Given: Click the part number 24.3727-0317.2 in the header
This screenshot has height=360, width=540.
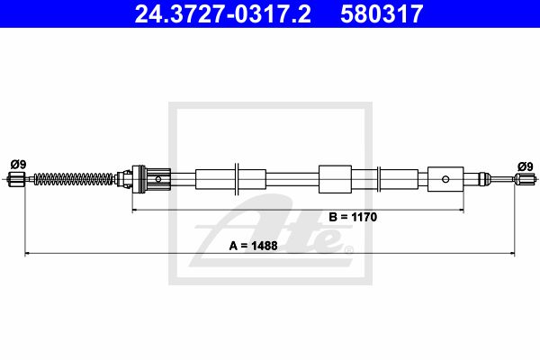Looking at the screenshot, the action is pyautogui.click(x=223, y=13).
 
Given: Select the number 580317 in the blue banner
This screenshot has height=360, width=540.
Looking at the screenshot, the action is pyautogui.click(x=382, y=13).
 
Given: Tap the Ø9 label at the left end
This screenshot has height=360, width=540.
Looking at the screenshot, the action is pyautogui.click(x=18, y=165).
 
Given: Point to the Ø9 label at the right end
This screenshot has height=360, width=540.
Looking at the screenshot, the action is pyautogui.click(x=526, y=166).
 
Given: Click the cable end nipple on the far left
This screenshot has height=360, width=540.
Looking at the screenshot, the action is pyautogui.click(x=16, y=179).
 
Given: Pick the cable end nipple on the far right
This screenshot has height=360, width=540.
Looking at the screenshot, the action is pyautogui.click(x=524, y=179).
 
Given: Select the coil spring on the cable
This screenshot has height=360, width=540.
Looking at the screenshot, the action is pyautogui.click(x=74, y=179).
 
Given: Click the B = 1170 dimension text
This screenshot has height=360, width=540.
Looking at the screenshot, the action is pyautogui.click(x=353, y=217).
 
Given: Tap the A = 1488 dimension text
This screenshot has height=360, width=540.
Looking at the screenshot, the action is pyautogui.click(x=253, y=246).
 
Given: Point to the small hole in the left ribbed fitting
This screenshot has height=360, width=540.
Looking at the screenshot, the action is pyautogui.click(x=158, y=179).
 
